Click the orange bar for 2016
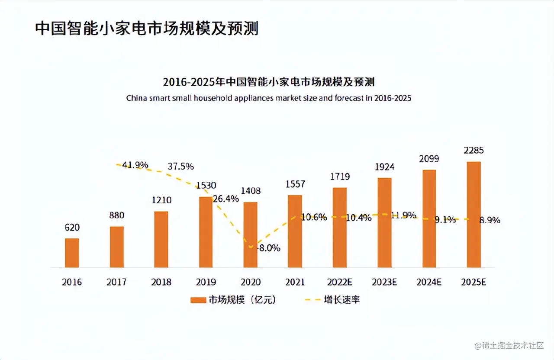(72, 253)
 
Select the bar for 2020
(250, 235)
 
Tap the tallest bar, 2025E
(473, 215)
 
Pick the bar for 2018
(161, 239)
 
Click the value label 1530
(206, 186)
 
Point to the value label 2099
(428, 159)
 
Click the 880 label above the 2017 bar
(116, 215)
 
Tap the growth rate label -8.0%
(269, 248)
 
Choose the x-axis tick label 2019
(206, 282)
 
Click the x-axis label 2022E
(340, 282)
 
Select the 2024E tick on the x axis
(429, 282)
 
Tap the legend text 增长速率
(342, 300)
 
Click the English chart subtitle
(269, 98)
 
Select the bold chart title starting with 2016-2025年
(269, 82)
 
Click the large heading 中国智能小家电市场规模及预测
(147, 29)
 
